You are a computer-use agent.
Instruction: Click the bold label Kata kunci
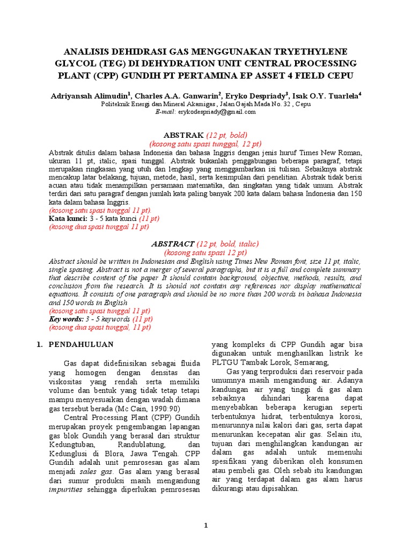tap(67, 219)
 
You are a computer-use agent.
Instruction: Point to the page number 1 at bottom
tap(206, 526)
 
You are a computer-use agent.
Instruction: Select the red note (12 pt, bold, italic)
tap(227, 243)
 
